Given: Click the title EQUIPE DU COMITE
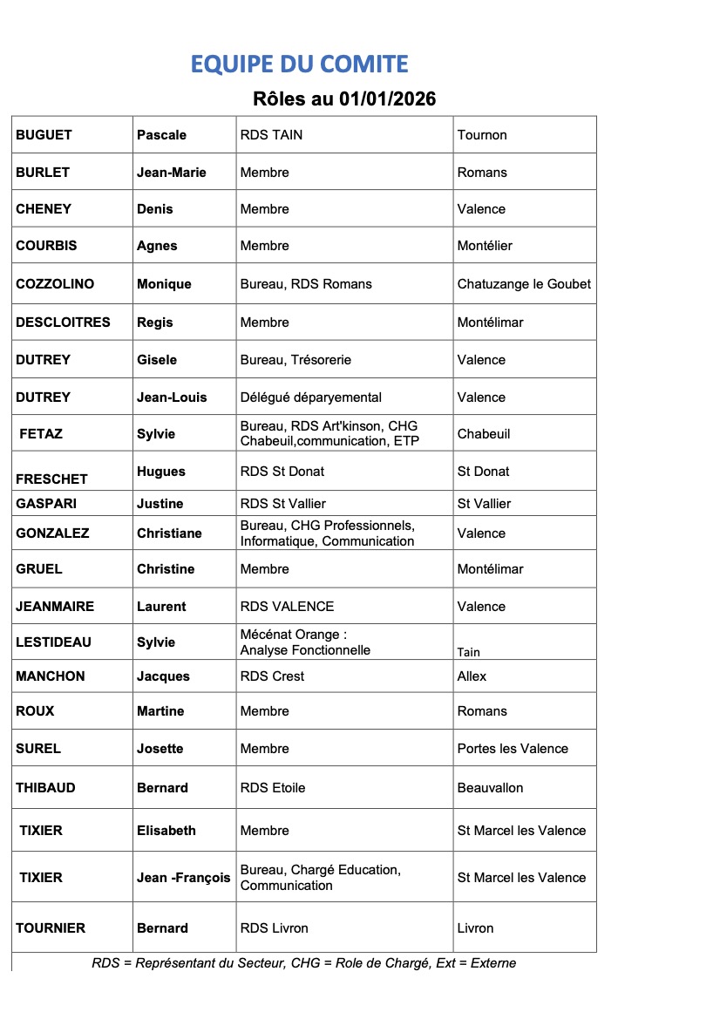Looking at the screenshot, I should tap(299, 64).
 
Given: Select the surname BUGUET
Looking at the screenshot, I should tap(44, 135).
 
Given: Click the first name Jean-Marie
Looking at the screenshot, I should tap(172, 173).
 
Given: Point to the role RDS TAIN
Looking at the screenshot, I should tap(271, 135).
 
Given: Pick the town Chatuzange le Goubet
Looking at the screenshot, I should tap(524, 284).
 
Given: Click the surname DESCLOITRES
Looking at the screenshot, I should tap(63, 323).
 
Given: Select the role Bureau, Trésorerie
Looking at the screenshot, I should tap(295, 360).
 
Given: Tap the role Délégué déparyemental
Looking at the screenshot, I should tap(310, 397).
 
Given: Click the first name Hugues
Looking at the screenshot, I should tap(161, 472).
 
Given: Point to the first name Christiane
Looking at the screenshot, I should tap(169, 533).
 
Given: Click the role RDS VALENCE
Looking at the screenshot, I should tap(287, 607).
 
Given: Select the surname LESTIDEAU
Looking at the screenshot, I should tap(53, 642).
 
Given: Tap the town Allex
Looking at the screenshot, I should tap(472, 676).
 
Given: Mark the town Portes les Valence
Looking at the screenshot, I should tap(513, 749).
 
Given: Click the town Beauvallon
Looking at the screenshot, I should tap(490, 788).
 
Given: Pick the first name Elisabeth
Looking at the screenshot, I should tap(166, 831).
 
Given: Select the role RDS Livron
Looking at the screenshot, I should tap(274, 928).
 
